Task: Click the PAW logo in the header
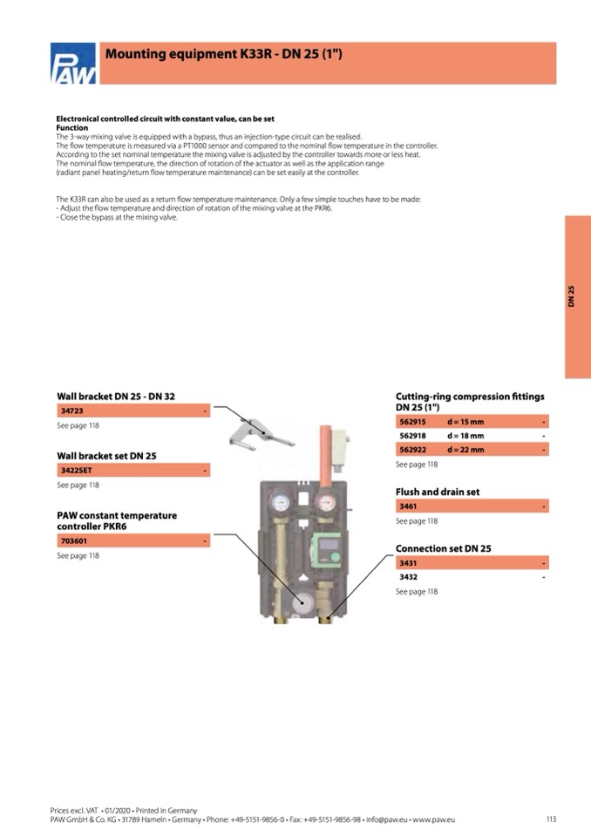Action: coord(73,65)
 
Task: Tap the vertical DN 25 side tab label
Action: coord(572,296)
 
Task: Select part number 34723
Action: coord(71,410)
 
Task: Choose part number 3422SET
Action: coord(75,470)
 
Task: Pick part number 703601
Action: coord(72,541)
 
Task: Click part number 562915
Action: coord(413,422)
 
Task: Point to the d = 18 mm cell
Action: coord(465,436)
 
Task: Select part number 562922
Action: coord(413,450)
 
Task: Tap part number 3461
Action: coord(408,506)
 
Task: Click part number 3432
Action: coord(408,577)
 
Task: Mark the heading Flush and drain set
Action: coord(438,492)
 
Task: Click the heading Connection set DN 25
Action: coord(443,548)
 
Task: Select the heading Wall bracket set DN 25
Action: coord(106,456)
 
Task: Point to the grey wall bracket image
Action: coord(258,433)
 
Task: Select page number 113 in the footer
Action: coord(551,819)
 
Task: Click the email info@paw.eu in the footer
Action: coord(391,819)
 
